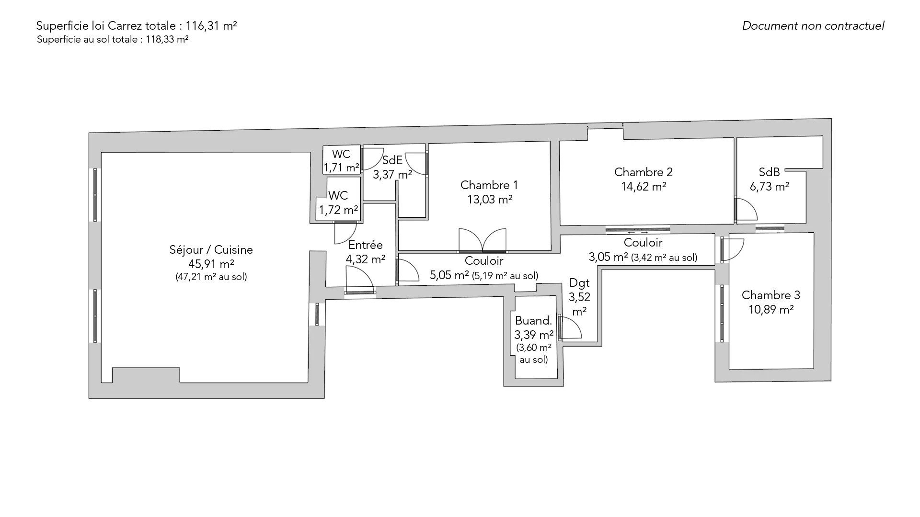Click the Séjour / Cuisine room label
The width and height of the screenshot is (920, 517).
211,249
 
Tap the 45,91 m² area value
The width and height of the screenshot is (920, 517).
211,264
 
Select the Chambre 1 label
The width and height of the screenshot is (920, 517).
489,185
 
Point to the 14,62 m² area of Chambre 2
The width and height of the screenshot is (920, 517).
644,186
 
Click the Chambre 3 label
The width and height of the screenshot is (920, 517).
771,295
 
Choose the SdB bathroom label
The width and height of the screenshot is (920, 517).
770,172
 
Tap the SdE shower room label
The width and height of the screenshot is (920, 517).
392,160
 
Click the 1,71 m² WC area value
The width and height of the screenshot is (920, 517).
341,168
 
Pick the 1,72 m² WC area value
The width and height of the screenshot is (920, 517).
339,210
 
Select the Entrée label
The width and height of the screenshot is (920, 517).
366,245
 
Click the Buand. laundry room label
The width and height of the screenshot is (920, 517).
534,321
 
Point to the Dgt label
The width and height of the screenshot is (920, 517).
579,282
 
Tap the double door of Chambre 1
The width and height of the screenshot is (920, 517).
483,240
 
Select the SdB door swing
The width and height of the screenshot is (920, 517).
746,210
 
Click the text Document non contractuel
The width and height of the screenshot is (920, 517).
813,26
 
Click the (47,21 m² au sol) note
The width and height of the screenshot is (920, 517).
211,277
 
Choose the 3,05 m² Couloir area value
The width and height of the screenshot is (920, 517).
608,257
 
